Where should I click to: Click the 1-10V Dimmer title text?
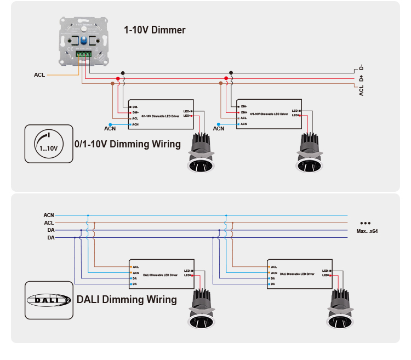click(x=155, y=30)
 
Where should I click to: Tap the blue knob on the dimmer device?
click(x=83, y=40)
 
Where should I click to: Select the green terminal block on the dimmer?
click(x=83, y=55)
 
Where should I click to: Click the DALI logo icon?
click(x=49, y=300)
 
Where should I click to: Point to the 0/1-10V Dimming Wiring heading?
click(x=128, y=144)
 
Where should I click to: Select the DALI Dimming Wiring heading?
click(x=127, y=300)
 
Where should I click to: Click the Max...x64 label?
click(x=367, y=231)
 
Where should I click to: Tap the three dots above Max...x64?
click(x=366, y=223)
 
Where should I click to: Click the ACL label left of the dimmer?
click(x=39, y=75)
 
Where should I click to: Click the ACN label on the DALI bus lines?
click(x=49, y=215)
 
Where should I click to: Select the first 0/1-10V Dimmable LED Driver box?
click(x=161, y=114)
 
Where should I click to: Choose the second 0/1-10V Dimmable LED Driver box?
click(x=269, y=114)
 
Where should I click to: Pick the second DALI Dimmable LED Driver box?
click(x=300, y=274)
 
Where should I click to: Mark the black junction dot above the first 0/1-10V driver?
click(x=123, y=72)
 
